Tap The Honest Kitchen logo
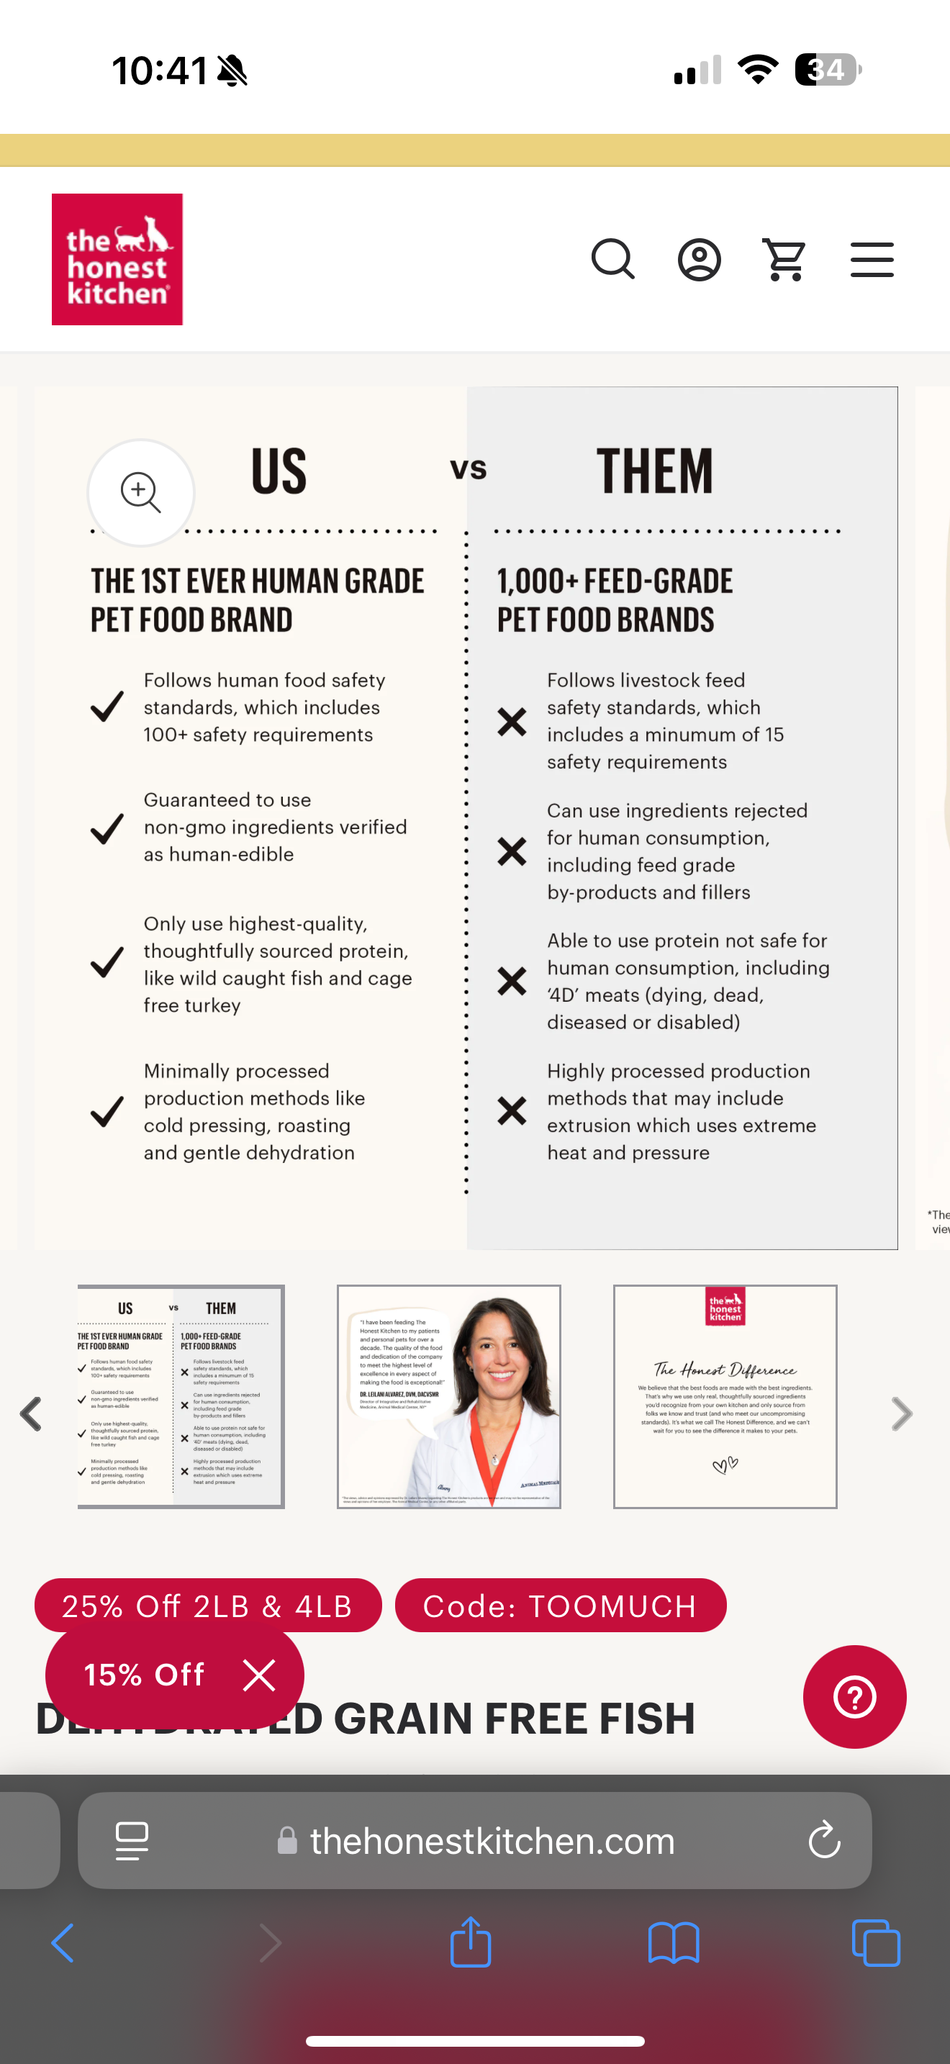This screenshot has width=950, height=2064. (x=117, y=259)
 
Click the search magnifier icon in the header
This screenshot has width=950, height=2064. (x=612, y=259)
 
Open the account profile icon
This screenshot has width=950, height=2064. (x=700, y=260)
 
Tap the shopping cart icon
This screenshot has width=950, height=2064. (x=784, y=260)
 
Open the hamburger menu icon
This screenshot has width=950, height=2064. (x=872, y=260)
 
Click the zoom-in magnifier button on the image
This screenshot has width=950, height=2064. (x=141, y=492)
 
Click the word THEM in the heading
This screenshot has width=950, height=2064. (x=653, y=471)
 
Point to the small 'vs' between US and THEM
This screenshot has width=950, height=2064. (x=469, y=469)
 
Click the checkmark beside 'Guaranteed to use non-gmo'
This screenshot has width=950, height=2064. (x=107, y=828)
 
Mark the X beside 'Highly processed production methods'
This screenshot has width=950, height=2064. (x=512, y=1110)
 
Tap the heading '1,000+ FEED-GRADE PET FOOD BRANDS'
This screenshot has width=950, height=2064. (x=615, y=600)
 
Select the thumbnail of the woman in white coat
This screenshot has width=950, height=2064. (x=448, y=1397)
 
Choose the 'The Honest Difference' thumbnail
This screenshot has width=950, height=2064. (x=725, y=1397)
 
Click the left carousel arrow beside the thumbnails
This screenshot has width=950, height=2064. (x=31, y=1414)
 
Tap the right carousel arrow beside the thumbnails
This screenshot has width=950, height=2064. (x=902, y=1414)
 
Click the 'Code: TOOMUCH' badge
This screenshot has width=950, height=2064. (x=560, y=1606)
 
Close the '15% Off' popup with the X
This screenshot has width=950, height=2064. (x=258, y=1675)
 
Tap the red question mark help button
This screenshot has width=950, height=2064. (x=855, y=1697)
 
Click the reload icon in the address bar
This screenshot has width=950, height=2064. (x=824, y=1840)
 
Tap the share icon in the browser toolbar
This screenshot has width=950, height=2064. (x=470, y=1942)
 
